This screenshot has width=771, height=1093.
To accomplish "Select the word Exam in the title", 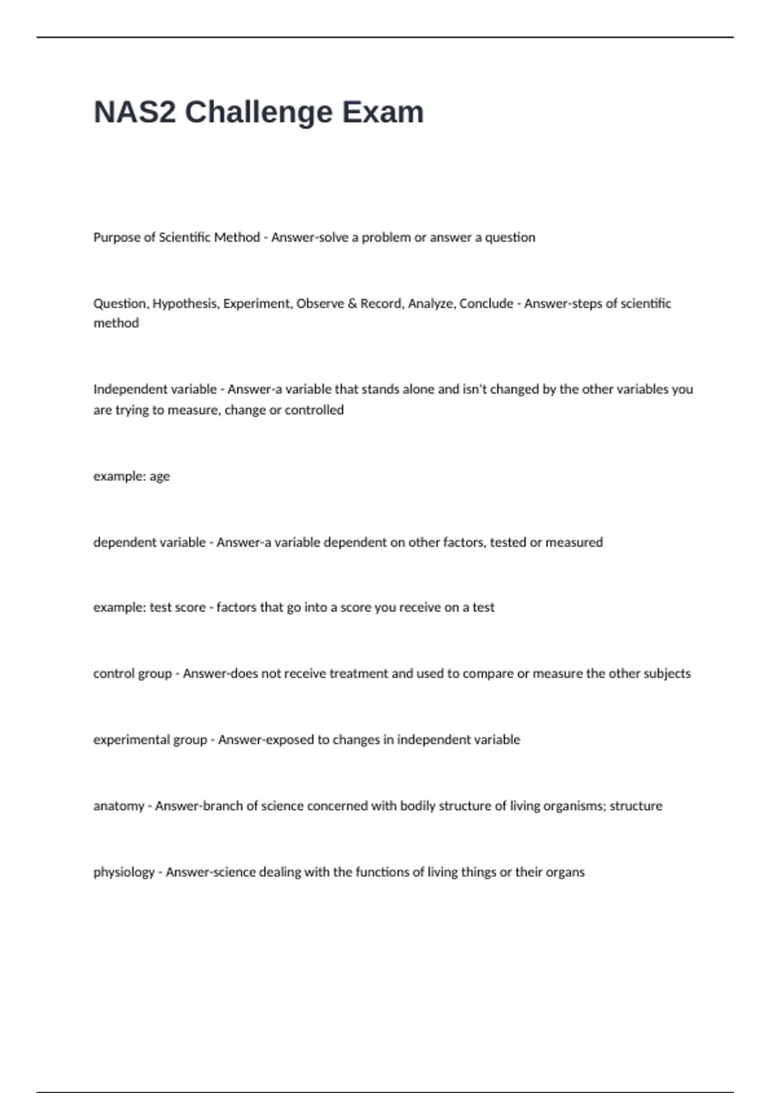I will click(383, 113).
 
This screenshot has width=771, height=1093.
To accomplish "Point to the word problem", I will click(386, 237).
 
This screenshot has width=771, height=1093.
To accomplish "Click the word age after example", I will click(160, 477).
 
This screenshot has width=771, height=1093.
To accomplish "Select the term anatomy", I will click(119, 806).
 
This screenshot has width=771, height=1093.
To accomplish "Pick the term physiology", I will click(124, 872).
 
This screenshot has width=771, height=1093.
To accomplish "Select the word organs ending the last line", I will click(565, 872).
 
